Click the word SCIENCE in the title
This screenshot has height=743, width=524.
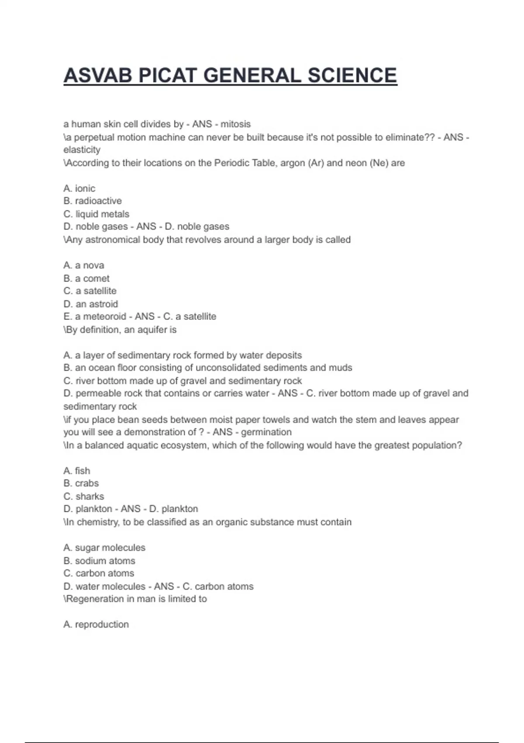click(352, 76)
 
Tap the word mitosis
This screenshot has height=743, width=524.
click(235, 124)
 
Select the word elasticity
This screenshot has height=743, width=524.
click(82, 150)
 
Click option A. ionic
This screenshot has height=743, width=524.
click(79, 188)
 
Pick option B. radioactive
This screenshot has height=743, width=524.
click(92, 201)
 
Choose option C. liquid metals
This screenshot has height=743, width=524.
click(96, 214)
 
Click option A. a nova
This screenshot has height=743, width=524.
click(83, 265)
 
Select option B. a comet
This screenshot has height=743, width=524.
click(86, 278)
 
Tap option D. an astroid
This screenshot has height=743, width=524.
click(90, 304)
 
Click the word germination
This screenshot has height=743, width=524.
click(266, 432)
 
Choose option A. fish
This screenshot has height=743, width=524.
click(76, 471)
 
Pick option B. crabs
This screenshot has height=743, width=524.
click(81, 483)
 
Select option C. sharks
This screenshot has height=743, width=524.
click(83, 496)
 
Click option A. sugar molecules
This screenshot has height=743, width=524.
click(104, 548)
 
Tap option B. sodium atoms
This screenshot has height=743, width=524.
click(99, 561)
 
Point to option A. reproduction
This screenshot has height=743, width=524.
click(96, 625)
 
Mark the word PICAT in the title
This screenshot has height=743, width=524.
click(168, 76)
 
